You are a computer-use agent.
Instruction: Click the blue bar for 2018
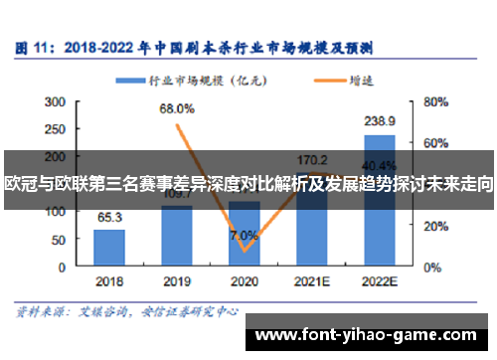109,244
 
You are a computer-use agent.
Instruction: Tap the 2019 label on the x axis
177,281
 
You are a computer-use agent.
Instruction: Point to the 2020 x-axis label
245,281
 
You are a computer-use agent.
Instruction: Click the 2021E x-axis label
312,281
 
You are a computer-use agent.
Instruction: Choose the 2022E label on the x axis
380,281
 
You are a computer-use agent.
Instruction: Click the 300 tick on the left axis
55,100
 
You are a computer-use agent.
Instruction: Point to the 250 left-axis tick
55,128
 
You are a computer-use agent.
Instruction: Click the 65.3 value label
109,218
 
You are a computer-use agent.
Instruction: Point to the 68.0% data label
176,109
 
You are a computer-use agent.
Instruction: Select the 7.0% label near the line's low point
244,236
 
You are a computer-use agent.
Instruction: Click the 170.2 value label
312,158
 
